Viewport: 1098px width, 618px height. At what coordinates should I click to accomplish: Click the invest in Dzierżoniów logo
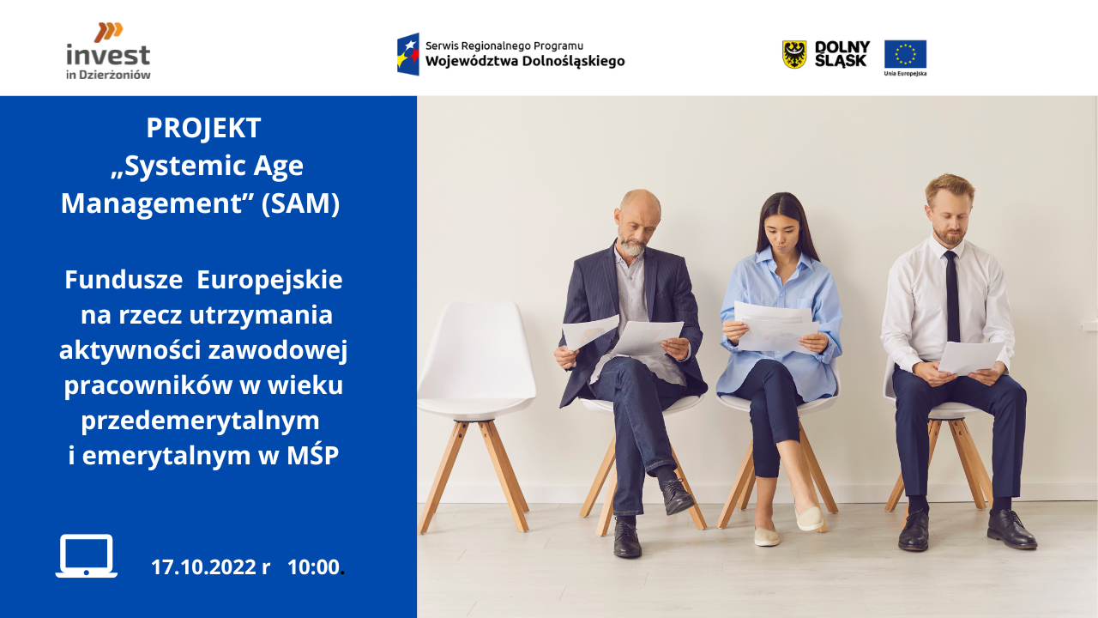[x=108, y=51]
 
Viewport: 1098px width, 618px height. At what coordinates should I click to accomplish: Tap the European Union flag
[x=905, y=54]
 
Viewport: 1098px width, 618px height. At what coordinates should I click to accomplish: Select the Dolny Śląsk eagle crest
[x=794, y=54]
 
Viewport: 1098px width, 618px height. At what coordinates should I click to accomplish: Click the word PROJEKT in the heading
[x=203, y=128]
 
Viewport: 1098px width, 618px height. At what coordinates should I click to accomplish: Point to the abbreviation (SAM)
[x=300, y=203]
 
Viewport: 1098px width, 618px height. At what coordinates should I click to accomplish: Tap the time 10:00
[x=313, y=567]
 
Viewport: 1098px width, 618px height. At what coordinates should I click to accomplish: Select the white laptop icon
[x=87, y=555]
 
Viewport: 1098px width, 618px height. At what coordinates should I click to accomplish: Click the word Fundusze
[x=124, y=280]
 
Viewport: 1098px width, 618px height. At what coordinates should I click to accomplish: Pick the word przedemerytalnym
[x=200, y=421]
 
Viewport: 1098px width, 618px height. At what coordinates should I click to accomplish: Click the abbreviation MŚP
[x=312, y=455]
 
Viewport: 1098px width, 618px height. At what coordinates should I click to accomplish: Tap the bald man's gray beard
[x=632, y=246]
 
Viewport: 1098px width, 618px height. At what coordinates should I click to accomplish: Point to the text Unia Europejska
[x=905, y=74]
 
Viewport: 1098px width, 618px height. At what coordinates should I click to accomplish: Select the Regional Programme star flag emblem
[x=408, y=54]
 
